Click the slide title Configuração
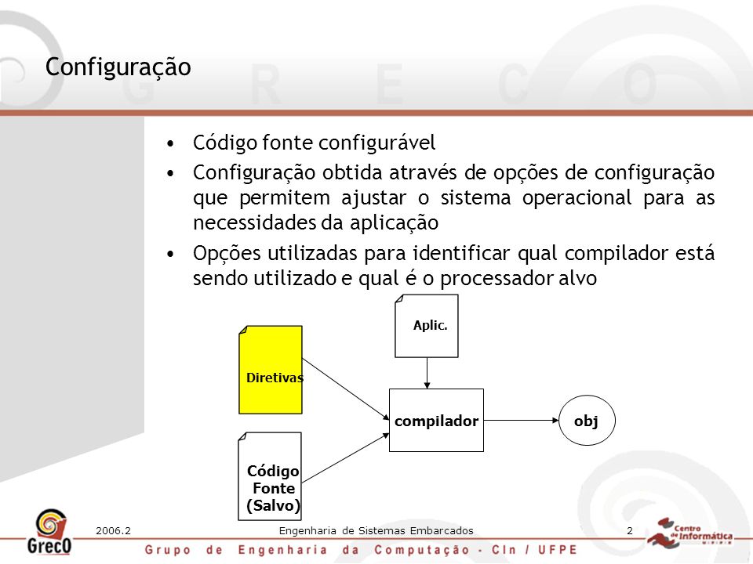(118, 67)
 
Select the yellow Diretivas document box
(271, 370)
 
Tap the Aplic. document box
(427, 326)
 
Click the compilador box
(436, 420)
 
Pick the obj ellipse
(587, 420)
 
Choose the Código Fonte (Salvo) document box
(270, 476)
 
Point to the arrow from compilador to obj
(521, 420)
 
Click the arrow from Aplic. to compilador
(427, 373)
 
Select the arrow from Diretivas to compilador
(346, 389)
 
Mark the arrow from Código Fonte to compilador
(345, 458)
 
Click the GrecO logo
(49, 532)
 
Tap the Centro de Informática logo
(690, 533)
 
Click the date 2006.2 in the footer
(113, 531)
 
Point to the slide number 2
(630, 531)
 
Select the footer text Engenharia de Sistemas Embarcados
(376, 531)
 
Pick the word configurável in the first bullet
(377, 143)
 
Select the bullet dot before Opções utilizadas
(170, 254)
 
